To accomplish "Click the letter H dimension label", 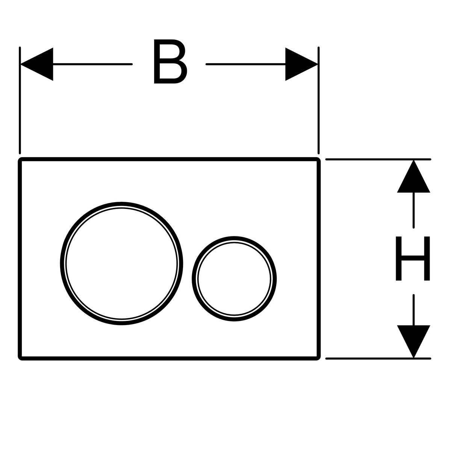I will point(413,258).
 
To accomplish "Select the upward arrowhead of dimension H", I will point(413,177).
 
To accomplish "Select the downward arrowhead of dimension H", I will point(413,341).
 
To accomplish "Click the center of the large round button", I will point(121,263).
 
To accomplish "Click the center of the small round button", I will point(234,278).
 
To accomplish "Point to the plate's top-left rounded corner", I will point(21,160).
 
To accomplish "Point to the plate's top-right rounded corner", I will point(318,160).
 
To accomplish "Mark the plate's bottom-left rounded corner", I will point(21,357).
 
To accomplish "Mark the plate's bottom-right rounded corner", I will point(318,357).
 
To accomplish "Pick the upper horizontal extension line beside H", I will point(376,159).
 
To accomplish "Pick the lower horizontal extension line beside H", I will point(376,358).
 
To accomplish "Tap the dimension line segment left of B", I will point(92,64).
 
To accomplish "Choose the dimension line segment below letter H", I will point(413,310).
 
